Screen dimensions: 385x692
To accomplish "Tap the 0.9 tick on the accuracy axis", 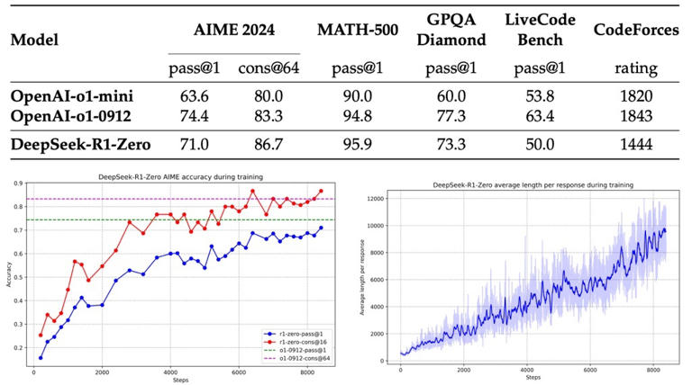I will [21, 183].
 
